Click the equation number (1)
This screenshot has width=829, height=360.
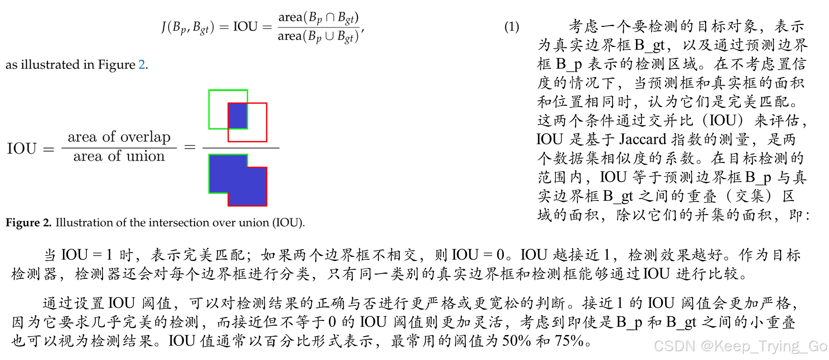click(511, 27)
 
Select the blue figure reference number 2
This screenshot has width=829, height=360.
click(142, 65)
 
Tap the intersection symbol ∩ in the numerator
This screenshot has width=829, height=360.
click(330, 17)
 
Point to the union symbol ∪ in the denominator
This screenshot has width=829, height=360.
click(329, 36)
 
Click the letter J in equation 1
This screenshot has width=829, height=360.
click(164, 27)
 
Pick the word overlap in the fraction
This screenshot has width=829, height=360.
click(146, 137)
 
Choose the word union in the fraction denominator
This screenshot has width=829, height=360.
click(146, 157)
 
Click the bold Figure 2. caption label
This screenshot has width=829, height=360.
click(29, 222)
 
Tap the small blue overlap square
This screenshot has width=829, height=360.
click(237, 116)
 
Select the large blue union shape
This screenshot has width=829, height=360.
click(237, 180)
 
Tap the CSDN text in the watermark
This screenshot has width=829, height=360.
click(674, 345)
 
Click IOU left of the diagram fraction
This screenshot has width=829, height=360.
click(22, 149)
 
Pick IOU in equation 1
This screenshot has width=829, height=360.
click(245, 27)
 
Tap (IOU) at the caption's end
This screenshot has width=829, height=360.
click(288, 222)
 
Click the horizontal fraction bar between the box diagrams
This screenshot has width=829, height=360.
click(241, 148)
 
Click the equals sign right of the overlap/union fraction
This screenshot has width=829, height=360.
click(190, 147)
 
